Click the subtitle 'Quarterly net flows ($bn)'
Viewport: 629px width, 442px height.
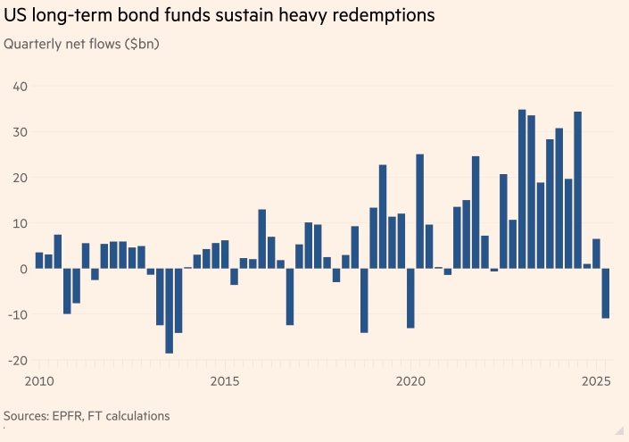pos(82,44)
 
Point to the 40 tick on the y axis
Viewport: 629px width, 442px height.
pos(20,87)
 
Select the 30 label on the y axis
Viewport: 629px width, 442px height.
pos(20,132)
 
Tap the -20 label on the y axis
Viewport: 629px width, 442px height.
pos(18,360)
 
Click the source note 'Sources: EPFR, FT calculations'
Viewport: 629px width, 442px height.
pos(87,416)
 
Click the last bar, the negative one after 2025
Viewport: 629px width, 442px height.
pos(606,293)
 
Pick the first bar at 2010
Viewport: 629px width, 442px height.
pos(39,261)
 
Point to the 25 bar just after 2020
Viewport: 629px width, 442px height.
pos(419,211)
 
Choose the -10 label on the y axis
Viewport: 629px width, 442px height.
pos(18,314)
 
